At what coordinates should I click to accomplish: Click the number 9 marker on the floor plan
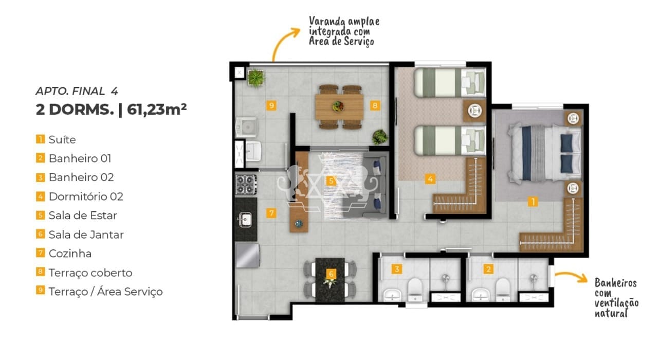pyautogui.click(x=271, y=105)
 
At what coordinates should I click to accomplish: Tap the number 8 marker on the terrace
pyautogui.click(x=375, y=105)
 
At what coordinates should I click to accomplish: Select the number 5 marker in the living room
pyautogui.click(x=331, y=181)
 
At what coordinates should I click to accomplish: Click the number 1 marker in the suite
pyautogui.click(x=533, y=202)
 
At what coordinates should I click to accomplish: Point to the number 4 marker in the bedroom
pyautogui.click(x=430, y=178)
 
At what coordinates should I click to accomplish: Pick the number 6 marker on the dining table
pyautogui.click(x=331, y=274)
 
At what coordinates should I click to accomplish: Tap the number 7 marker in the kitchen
pyautogui.click(x=271, y=213)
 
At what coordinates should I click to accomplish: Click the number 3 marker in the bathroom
pyautogui.click(x=397, y=269)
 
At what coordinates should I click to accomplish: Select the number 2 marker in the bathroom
pyautogui.click(x=488, y=269)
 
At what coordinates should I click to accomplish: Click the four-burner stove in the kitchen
pyautogui.click(x=246, y=185)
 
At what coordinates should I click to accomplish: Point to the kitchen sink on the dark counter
pyautogui.click(x=245, y=220)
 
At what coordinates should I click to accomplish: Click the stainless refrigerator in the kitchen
pyautogui.click(x=247, y=256)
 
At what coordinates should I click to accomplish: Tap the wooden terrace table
pyautogui.click(x=339, y=106)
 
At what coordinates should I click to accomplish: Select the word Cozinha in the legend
pyautogui.click(x=70, y=254)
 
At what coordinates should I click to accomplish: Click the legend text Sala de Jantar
pyautogui.click(x=86, y=235)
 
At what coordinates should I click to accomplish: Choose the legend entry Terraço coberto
pyautogui.click(x=90, y=273)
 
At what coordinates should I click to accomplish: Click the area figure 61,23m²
pyautogui.click(x=157, y=110)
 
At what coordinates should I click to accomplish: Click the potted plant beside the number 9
pyautogui.click(x=256, y=78)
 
